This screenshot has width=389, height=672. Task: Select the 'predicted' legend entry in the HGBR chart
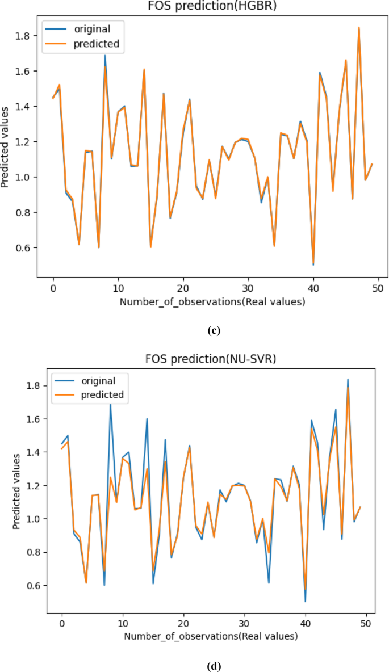pos(94,43)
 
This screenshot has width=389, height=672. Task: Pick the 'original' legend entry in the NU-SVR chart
pos(99,381)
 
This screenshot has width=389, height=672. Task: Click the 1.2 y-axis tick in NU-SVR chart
pos(32,486)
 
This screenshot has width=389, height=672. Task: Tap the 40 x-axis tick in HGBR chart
pos(313,288)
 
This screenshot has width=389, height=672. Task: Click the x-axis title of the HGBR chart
pos(212,302)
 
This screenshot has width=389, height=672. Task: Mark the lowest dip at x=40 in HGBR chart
pos(313,264)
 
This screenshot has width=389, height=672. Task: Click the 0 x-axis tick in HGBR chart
pos(53,288)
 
